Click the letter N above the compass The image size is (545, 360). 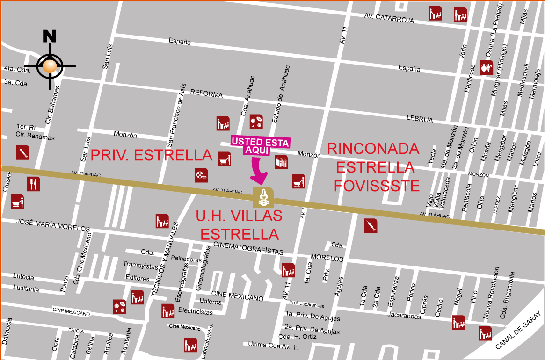[x=50, y=36]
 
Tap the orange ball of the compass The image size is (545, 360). [x=50, y=66]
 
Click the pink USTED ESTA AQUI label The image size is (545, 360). [x=261, y=145]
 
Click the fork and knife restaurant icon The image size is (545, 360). [x=33, y=184]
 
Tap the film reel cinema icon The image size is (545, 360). [x=201, y=175]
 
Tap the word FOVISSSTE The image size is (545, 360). [x=377, y=186]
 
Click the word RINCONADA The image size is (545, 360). [x=373, y=149]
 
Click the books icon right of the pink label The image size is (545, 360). [x=281, y=162]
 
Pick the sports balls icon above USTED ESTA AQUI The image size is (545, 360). [x=256, y=122]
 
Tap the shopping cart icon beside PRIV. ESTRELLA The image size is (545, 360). [x=225, y=158]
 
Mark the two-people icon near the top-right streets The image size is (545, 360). [x=487, y=67]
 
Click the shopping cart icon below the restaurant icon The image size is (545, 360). [x=17, y=202]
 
